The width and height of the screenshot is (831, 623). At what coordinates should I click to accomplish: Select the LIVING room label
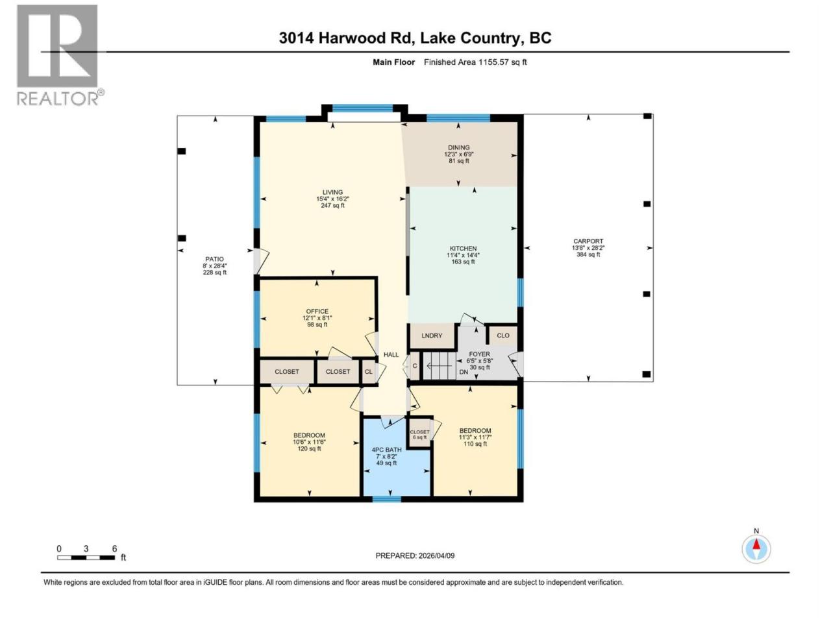332,192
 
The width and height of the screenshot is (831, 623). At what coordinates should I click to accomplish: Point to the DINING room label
459,147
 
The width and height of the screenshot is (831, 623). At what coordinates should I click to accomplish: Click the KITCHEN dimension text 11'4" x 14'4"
463,255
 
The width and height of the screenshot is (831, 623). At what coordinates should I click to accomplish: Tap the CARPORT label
588,241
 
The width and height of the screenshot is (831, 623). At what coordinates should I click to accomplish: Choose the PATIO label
214,259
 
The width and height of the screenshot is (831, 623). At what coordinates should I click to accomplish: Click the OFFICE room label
317,311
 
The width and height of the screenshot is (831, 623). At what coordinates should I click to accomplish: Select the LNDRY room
432,336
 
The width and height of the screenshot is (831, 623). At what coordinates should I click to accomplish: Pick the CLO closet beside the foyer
503,336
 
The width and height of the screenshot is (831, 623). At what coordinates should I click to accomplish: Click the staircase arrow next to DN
439,366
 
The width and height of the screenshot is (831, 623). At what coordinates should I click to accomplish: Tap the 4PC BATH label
386,450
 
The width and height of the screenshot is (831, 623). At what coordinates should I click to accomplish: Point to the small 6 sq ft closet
419,434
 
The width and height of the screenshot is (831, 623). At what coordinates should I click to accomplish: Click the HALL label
391,354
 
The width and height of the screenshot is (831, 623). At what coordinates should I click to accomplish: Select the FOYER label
479,354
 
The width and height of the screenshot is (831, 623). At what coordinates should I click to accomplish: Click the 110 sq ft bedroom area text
475,444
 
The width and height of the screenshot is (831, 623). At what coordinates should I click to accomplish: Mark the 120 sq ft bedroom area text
309,448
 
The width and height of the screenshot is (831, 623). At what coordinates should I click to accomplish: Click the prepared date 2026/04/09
436,556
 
